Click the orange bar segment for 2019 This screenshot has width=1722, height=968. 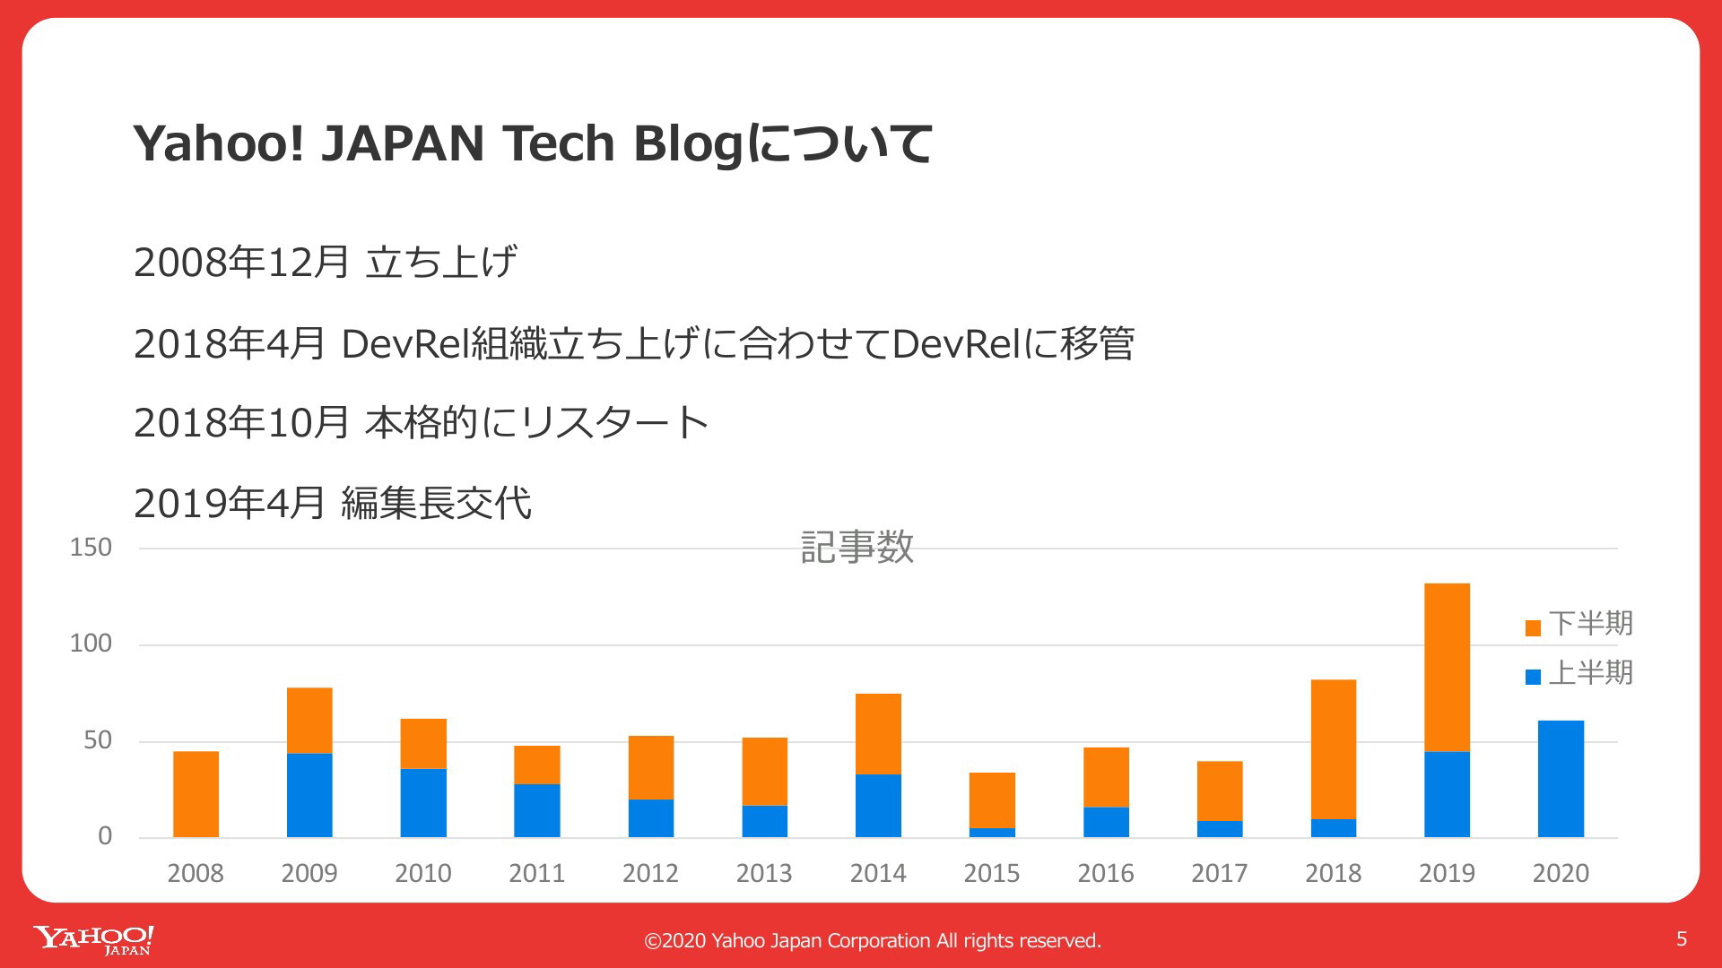1447,668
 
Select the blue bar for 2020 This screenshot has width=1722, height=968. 1561,779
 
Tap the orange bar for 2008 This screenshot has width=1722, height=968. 196,794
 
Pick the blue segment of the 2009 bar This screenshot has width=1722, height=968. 309,795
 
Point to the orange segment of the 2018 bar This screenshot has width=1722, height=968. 1334,749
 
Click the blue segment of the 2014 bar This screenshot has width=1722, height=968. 878,806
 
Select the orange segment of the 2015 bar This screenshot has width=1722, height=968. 992,800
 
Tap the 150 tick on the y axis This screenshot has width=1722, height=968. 91,548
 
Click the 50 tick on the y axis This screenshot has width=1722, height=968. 98,740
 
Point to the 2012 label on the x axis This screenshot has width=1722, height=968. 650,873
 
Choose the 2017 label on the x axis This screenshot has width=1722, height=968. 1219,873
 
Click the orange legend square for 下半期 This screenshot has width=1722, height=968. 1533,627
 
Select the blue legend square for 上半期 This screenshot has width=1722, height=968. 1533,677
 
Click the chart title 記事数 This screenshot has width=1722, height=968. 857,547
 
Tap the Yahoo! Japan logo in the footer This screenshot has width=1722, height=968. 94,940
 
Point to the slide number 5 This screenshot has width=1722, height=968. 1682,938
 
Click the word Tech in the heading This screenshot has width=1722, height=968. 559,143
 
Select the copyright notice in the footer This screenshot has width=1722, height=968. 873,940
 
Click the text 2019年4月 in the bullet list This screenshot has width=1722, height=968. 229,503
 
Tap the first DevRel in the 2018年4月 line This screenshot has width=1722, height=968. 405,343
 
